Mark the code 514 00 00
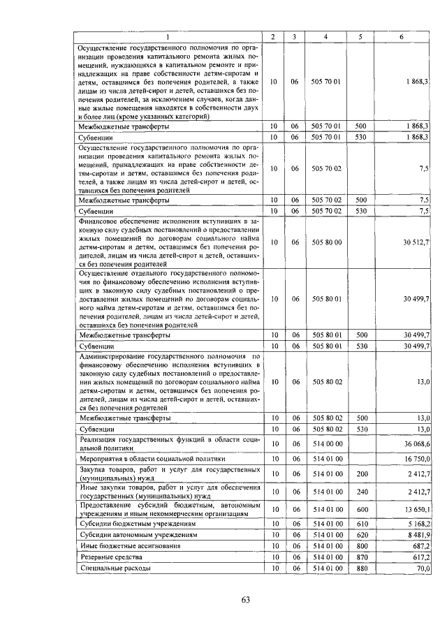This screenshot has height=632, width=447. pyautogui.click(x=327, y=443)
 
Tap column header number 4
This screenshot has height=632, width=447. pyautogui.click(x=327, y=36)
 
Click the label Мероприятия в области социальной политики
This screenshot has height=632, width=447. pyautogui.click(x=152, y=459)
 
